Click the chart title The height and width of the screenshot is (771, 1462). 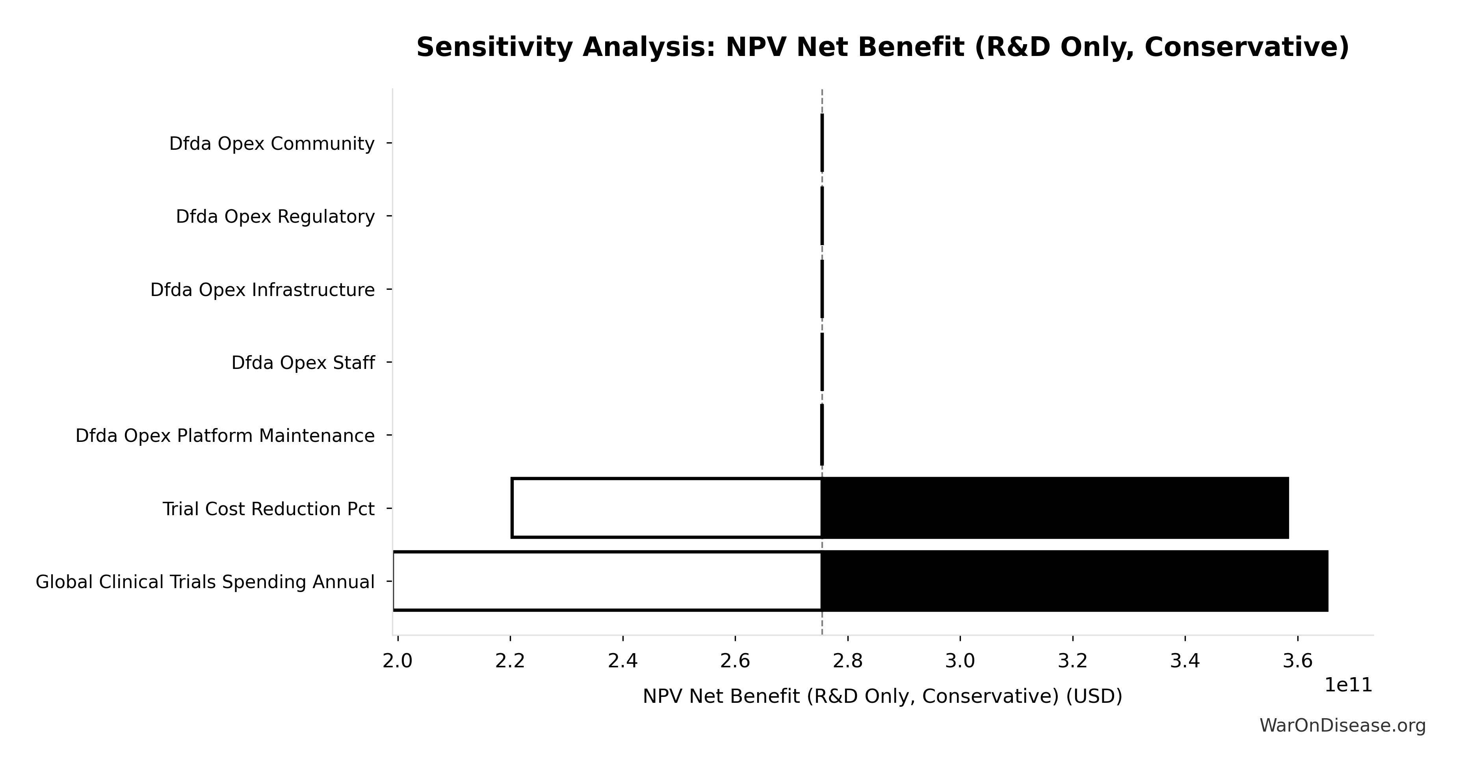(x=882, y=47)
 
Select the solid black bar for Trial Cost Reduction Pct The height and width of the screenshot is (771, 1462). (x=1055, y=508)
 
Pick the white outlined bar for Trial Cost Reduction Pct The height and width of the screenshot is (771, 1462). (x=666, y=508)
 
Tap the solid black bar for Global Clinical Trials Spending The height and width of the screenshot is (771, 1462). (x=1074, y=581)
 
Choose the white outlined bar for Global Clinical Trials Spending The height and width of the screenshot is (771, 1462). (x=607, y=581)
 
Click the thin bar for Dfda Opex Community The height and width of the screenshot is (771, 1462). (x=822, y=143)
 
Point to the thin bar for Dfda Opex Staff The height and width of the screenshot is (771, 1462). (x=822, y=362)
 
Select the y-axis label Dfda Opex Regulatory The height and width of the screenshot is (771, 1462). (x=275, y=216)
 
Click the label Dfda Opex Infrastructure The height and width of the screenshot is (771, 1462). (x=262, y=290)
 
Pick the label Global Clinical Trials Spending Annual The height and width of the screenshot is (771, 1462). (x=205, y=582)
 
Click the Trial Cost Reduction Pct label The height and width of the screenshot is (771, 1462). (x=268, y=509)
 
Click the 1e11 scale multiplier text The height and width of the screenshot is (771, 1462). (x=1348, y=685)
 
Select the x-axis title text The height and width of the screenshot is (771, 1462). (x=882, y=696)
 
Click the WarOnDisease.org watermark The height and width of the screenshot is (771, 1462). (x=1342, y=726)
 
